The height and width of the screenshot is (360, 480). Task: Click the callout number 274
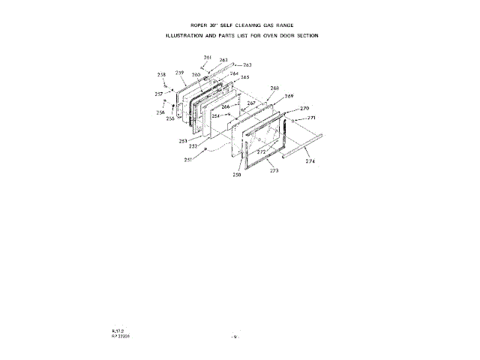tap(310, 161)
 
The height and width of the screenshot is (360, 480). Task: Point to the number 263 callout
tap(247, 65)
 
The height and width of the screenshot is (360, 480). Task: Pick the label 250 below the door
tap(236, 175)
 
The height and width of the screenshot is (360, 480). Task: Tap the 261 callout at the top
tap(208, 58)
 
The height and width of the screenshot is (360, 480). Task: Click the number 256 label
tap(160, 112)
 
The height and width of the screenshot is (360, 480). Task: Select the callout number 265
tap(244, 77)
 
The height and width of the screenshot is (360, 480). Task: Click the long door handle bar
tap(301, 145)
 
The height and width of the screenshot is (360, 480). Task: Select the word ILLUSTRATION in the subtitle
tap(187, 35)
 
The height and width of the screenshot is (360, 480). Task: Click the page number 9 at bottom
tap(235, 337)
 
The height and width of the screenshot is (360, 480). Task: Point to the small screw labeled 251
tap(205, 150)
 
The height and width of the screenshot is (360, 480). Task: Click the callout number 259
tap(180, 72)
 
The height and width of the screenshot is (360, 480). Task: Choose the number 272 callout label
tap(262, 151)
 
